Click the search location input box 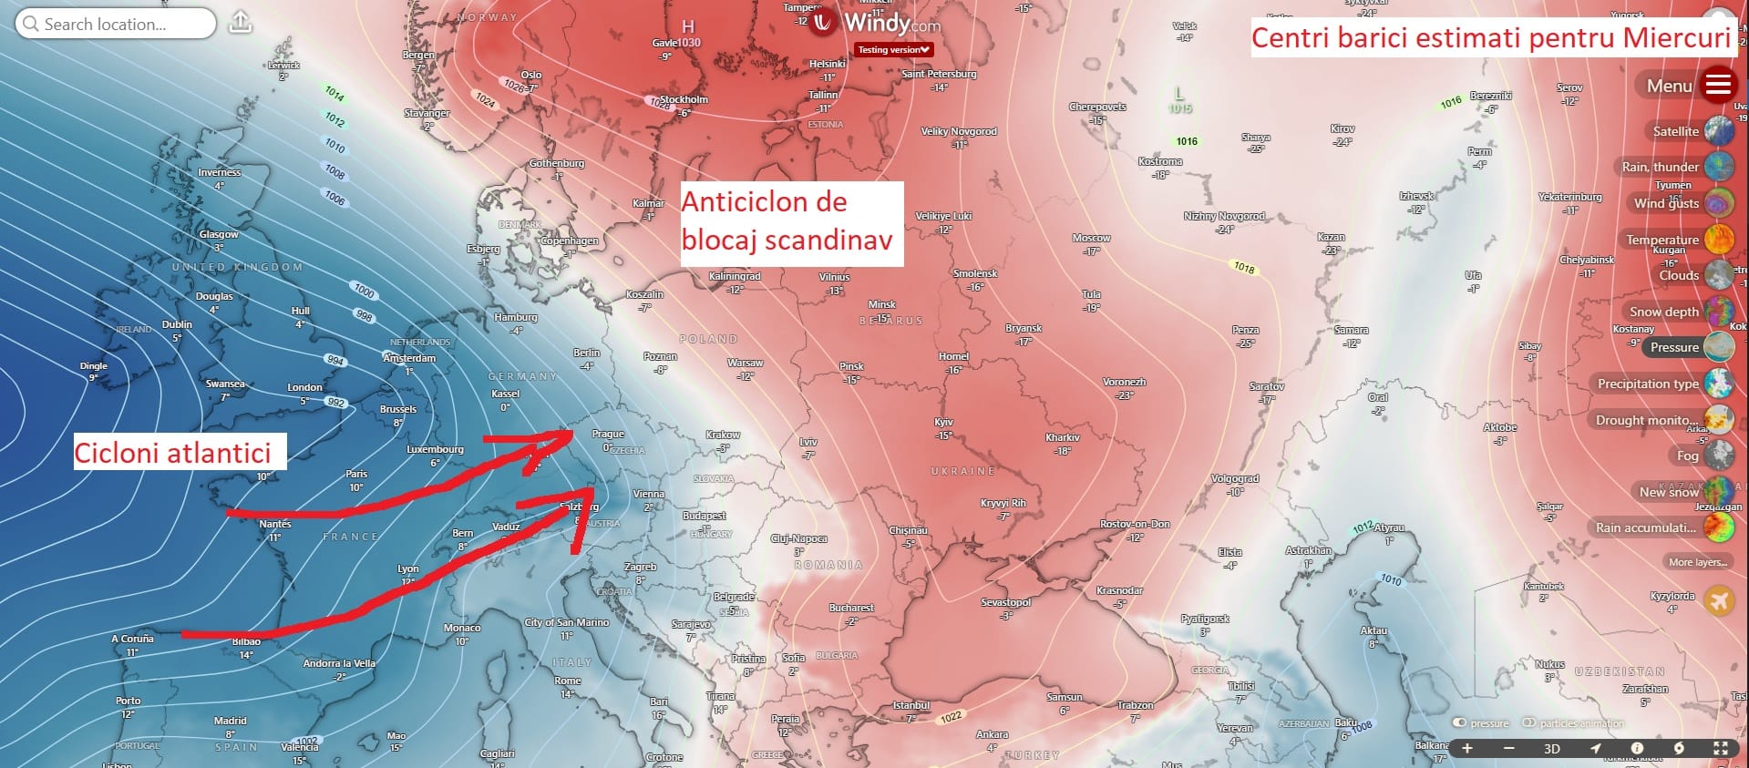(116, 24)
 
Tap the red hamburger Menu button (1718, 85)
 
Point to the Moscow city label (1091, 238)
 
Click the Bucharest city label (851, 608)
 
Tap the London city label (304, 387)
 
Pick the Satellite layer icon (1719, 131)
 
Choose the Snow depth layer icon (1719, 312)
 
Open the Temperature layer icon (1719, 240)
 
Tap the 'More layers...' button (1697, 562)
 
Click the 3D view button (1551, 749)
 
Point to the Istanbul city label (911, 705)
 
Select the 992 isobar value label (335, 402)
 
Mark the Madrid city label (230, 721)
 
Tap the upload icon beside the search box (241, 22)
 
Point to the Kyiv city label (943, 422)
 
